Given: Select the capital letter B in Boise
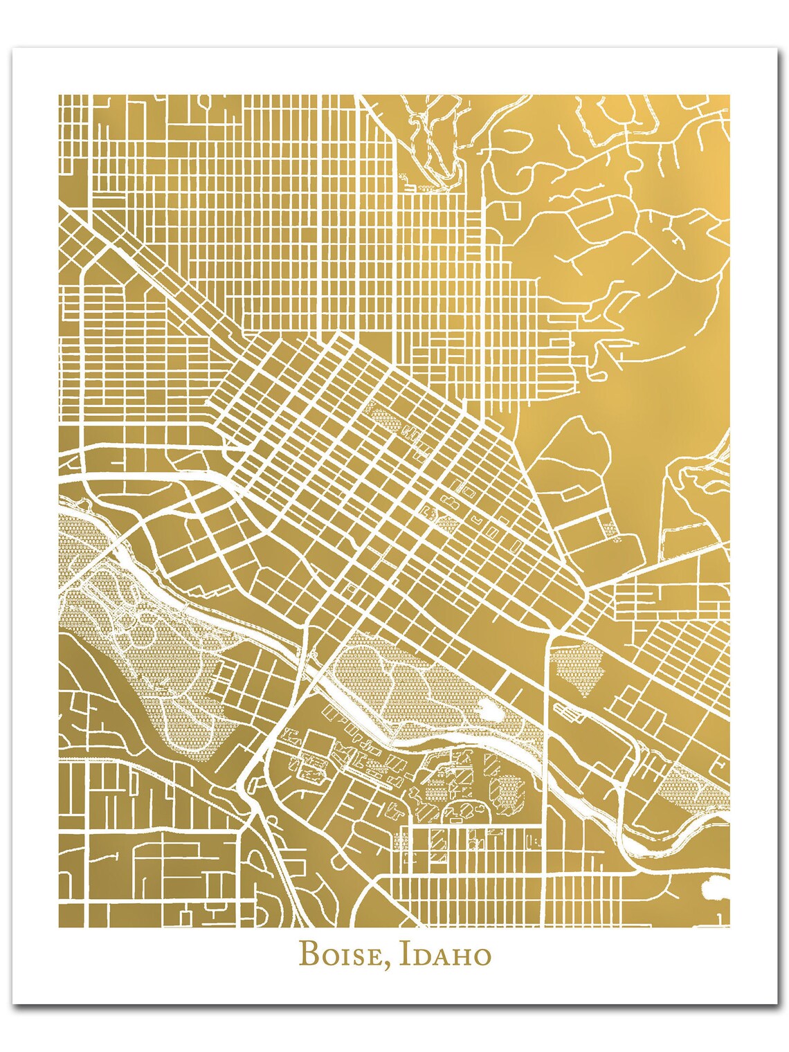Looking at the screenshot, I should [x=308, y=955].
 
